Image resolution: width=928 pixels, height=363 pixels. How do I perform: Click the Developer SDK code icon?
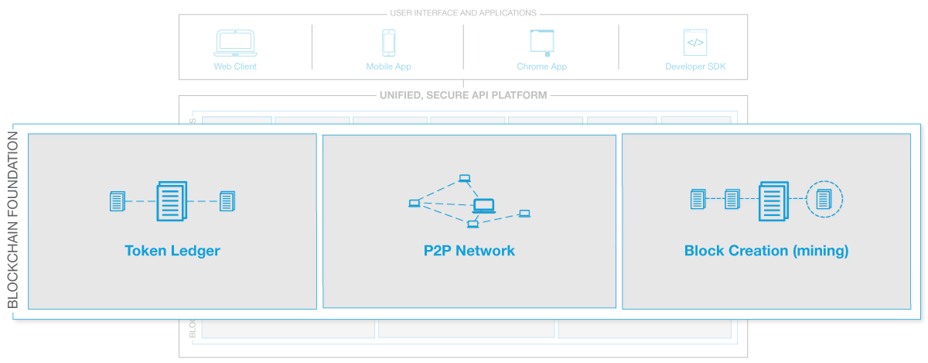coord(695,42)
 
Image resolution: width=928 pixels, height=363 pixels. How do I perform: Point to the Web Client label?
coord(235,67)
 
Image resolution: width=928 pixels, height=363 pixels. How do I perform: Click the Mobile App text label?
coord(388,67)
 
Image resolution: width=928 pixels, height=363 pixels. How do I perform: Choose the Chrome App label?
coord(541,67)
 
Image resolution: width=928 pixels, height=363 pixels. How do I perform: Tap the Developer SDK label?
coord(695,67)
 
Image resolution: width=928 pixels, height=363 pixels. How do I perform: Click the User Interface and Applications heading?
coord(463,13)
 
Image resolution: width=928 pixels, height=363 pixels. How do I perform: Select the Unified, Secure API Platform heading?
coord(463,96)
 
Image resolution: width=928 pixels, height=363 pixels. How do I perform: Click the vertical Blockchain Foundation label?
coord(13,220)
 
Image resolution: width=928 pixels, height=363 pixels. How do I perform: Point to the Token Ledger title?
coord(172,251)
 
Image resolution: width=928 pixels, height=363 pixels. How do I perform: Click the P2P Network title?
coord(469,251)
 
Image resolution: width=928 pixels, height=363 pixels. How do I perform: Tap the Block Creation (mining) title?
coord(766,251)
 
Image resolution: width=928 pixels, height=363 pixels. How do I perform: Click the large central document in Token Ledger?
coord(172,201)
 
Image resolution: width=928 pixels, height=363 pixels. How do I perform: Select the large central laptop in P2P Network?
coord(483,206)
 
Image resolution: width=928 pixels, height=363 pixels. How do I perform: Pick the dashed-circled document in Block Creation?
coord(824,200)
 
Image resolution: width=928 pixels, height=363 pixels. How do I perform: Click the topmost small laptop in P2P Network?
coord(464,179)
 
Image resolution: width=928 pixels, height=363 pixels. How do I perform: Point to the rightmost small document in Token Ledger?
coord(227,202)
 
